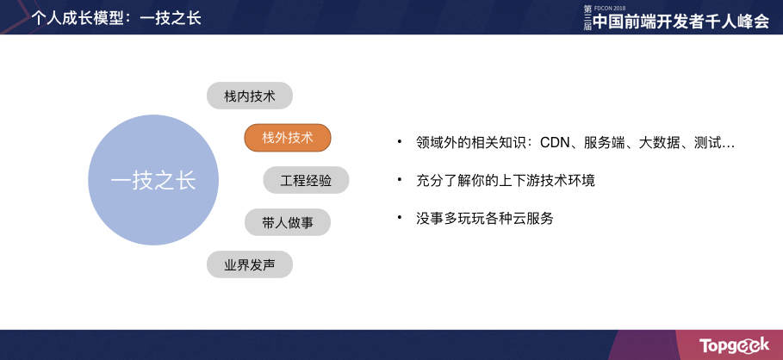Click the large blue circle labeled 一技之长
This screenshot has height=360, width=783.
coord(153,180)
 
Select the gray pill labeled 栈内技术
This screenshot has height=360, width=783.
coord(250,96)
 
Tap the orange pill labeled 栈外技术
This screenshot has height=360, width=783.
coord(288,138)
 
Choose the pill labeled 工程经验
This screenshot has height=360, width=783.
coord(306,180)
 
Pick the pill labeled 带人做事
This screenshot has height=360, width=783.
coord(288,222)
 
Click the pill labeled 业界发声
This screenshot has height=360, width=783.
coord(250,264)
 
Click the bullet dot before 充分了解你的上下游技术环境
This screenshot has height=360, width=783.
coord(400,180)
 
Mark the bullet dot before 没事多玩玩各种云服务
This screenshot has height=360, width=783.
coord(400,218)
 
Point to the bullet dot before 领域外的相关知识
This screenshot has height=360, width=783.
coord(400,142)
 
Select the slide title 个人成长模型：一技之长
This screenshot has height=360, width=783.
coord(115,17)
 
